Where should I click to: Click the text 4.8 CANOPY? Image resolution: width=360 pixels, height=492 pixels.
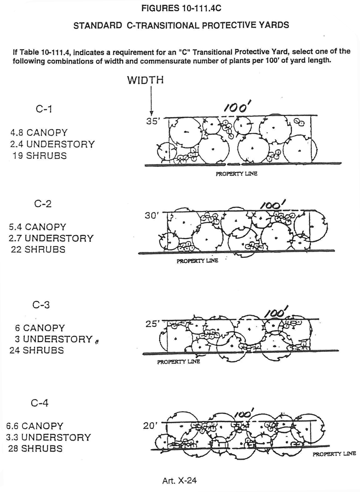pos(39,133)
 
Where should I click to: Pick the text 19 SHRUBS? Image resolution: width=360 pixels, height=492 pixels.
pos(39,156)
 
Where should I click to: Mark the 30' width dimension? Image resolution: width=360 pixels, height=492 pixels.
pos(151,216)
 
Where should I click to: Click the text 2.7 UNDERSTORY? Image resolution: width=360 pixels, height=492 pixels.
pos(51,238)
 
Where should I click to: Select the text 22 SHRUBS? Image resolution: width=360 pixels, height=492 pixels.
pos(38,249)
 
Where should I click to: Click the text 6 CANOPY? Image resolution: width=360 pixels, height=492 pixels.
pos(38,328)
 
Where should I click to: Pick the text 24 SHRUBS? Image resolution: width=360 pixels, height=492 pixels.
pos(37,351)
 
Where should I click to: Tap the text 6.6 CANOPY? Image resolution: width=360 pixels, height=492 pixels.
pos(35,425)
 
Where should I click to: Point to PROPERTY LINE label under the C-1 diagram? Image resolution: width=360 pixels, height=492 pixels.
pos(238,174)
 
